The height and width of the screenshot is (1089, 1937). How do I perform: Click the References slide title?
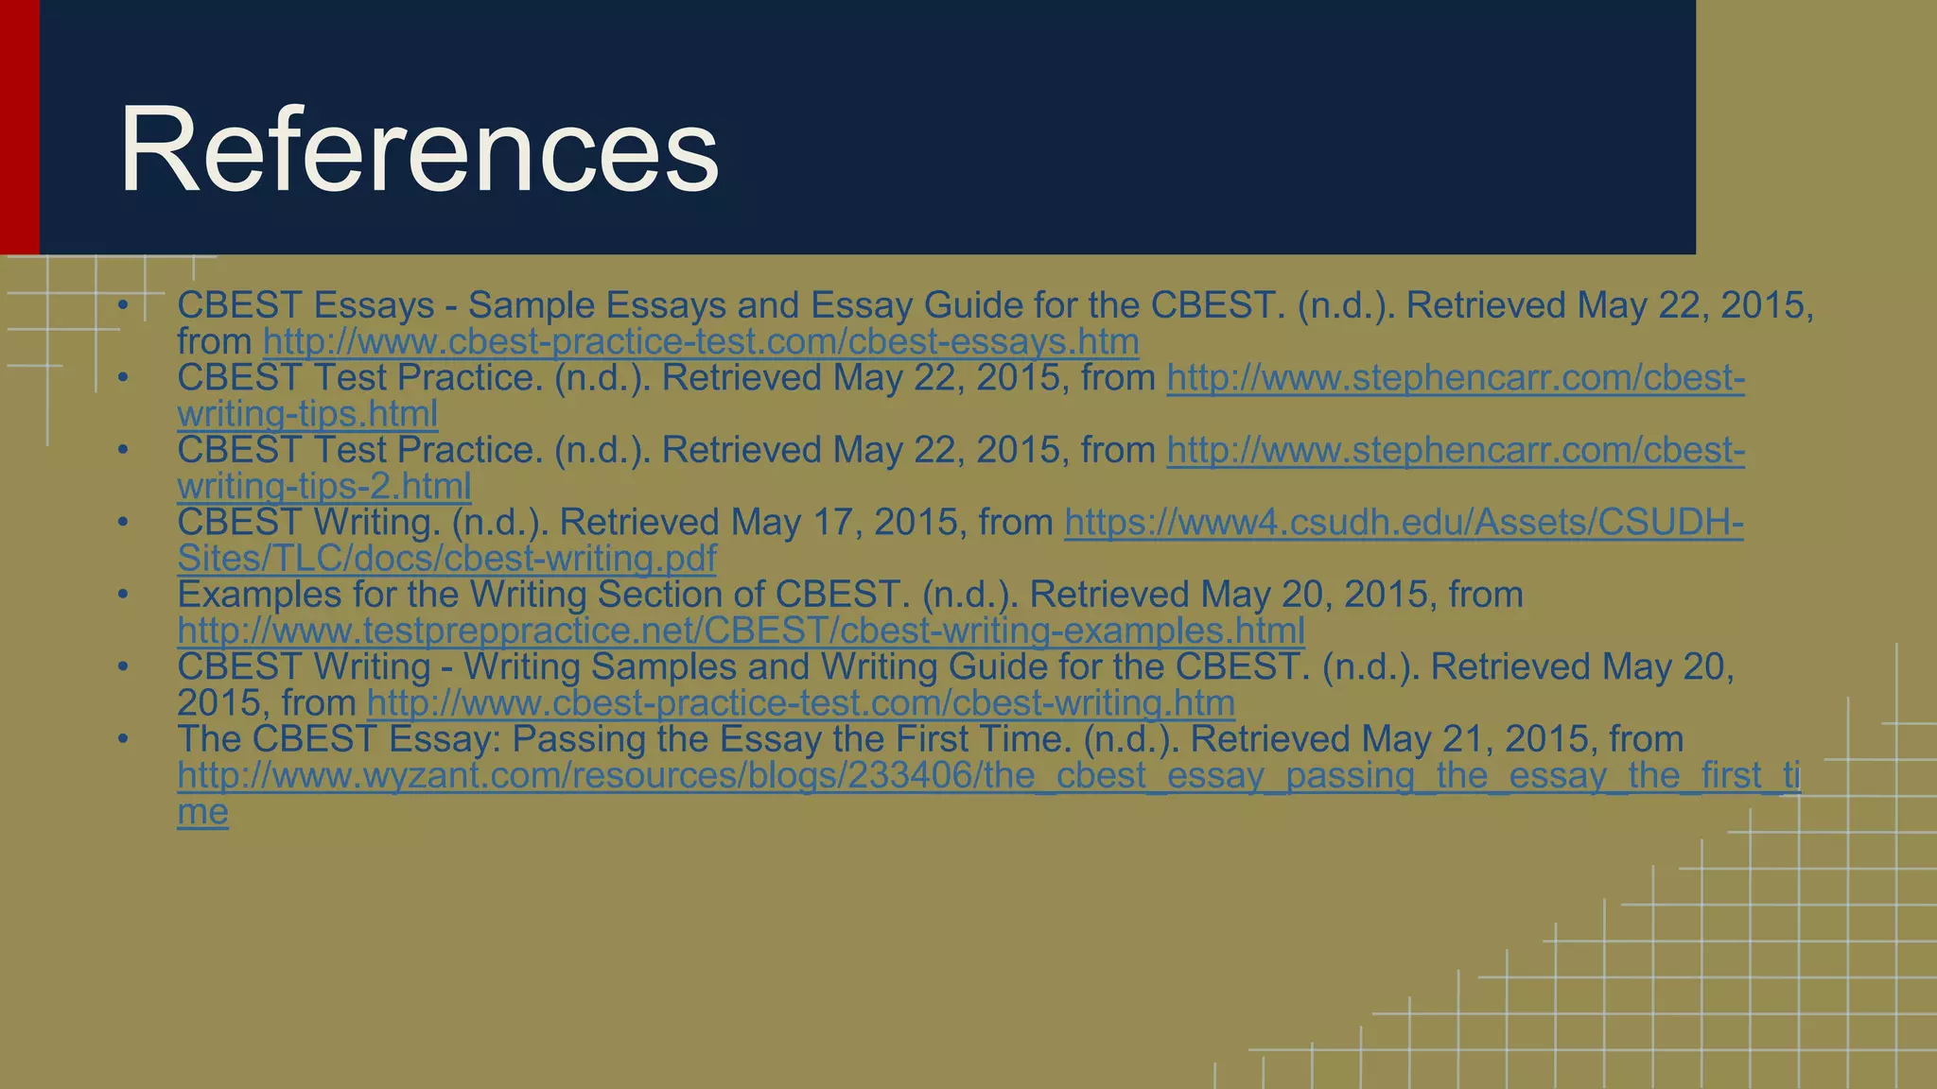[x=418, y=151]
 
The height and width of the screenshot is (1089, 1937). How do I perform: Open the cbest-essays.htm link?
[x=701, y=342]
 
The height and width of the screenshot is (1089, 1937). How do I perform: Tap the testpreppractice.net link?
[x=741, y=631]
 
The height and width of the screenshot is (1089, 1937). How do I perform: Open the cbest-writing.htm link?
[x=800, y=703]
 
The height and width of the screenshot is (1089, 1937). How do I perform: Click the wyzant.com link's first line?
[x=988, y=776]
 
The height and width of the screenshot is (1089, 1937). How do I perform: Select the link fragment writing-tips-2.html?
[x=323, y=487]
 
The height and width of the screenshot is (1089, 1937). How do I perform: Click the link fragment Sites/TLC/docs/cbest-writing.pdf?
[x=446, y=559]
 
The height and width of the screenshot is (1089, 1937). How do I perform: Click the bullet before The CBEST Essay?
[x=122, y=739]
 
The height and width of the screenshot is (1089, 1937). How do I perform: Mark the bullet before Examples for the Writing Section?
[x=122, y=595]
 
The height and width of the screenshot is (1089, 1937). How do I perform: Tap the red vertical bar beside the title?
[x=19, y=127]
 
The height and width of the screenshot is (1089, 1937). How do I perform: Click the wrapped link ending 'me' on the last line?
[x=202, y=812]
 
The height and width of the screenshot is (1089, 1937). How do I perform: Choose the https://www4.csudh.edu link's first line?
[x=1404, y=523]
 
